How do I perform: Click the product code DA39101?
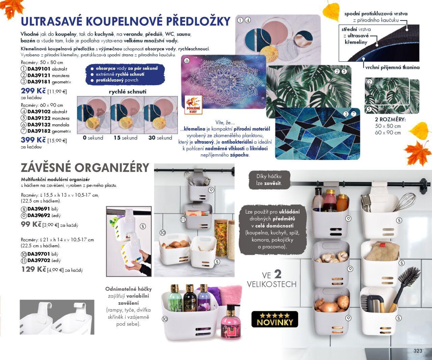point(39,69)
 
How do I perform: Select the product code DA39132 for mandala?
point(39,125)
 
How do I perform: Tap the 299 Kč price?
point(33,91)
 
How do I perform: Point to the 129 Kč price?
point(34,269)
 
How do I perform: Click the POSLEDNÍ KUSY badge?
point(193,105)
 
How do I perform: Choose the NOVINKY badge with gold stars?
point(275,319)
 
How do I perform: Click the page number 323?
point(418,351)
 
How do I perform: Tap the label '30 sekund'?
point(160,138)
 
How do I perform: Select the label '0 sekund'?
point(93,138)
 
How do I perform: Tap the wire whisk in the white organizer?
point(404,202)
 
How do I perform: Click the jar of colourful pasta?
point(221,238)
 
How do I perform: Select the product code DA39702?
point(39,260)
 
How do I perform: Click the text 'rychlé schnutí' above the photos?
point(128,92)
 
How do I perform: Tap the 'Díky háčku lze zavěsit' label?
point(269,179)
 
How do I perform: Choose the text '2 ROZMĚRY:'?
point(390,119)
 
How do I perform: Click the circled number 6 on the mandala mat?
point(187,61)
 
